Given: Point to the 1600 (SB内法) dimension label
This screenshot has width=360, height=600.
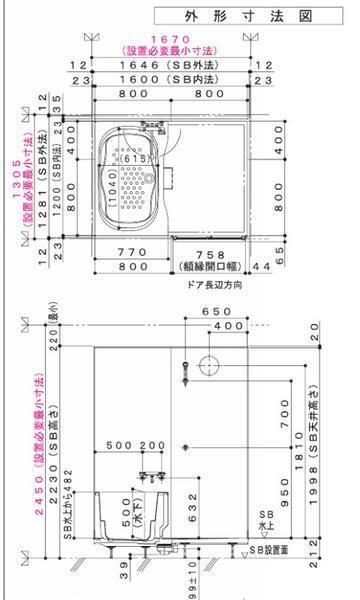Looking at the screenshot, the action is (x=175, y=77).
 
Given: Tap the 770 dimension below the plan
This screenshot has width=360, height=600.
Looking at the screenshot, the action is (x=132, y=253).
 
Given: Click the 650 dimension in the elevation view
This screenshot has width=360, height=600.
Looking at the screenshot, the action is (x=232, y=312).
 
